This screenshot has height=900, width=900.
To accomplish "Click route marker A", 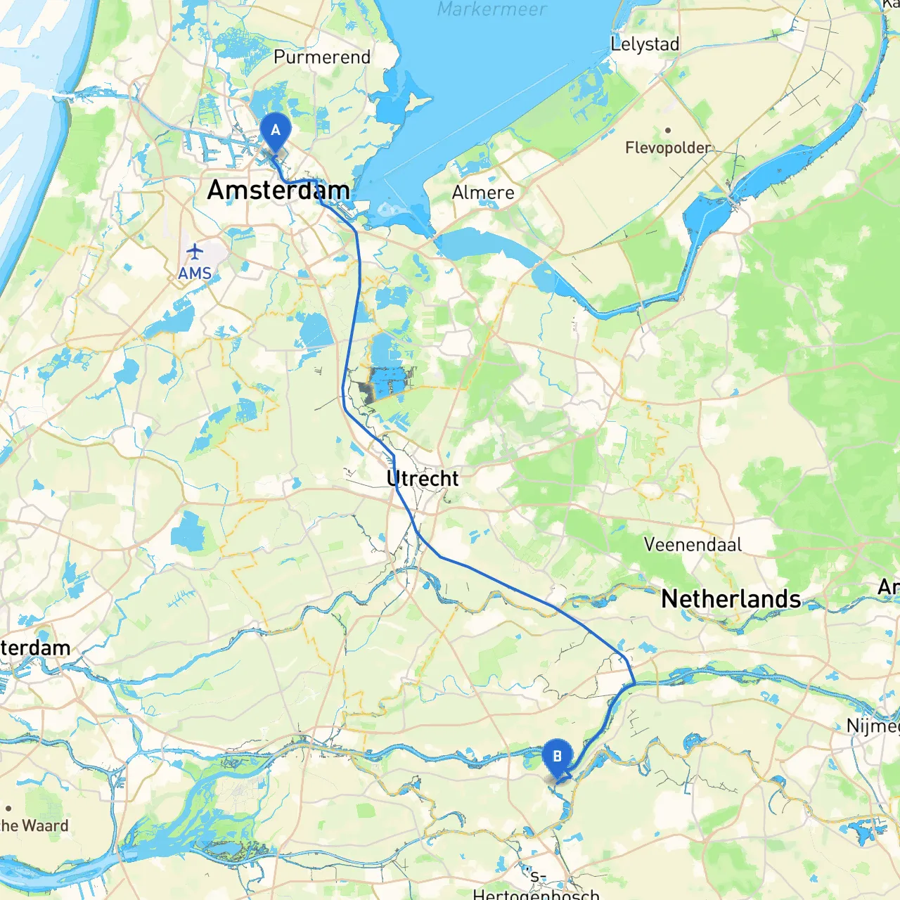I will [276, 131].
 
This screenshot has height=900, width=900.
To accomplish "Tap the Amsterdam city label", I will [278, 190].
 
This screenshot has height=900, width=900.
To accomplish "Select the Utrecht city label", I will [423, 479].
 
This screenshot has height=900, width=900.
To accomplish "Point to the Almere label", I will [483, 193].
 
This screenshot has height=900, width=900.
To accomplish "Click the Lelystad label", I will [645, 44].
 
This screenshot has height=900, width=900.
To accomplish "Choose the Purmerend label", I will [322, 57].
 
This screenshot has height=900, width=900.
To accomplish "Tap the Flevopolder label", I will [668, 148].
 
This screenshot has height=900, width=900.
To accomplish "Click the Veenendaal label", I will [693, 544].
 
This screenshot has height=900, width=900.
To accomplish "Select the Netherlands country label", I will [731, 599].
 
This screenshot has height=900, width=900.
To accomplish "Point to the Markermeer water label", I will [491, 9].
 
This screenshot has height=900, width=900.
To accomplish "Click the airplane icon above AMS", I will [195, 252].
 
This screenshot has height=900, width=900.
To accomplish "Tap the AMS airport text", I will [195, 273].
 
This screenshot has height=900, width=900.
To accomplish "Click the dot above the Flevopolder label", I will [667, 130].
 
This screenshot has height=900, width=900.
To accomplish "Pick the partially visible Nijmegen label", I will [873, 726].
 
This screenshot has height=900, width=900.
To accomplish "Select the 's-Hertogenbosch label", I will [536, 887].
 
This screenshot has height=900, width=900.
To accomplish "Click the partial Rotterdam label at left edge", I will [35, 648].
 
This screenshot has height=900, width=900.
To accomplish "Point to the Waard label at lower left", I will [34, 825].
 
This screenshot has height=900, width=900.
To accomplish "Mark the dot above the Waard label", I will [8, 809].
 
